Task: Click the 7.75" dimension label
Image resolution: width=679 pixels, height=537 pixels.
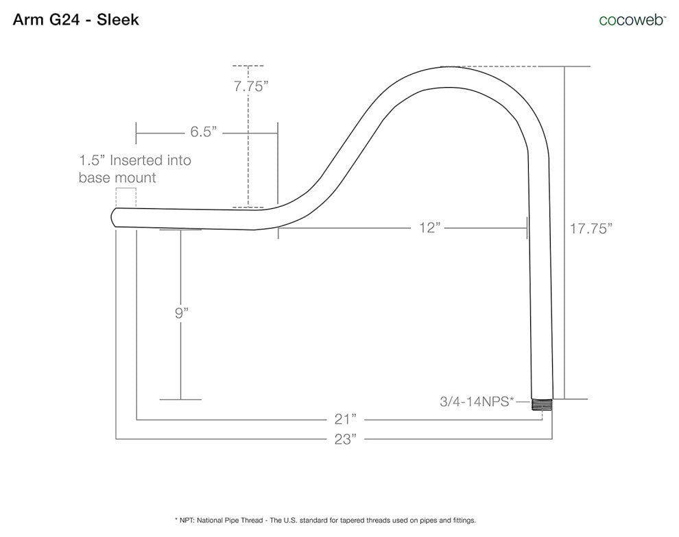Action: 251,86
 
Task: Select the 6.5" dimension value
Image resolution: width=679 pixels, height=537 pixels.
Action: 203,131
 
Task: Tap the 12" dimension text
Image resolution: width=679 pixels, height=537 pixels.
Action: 429,227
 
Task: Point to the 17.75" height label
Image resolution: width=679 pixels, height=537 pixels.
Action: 591,228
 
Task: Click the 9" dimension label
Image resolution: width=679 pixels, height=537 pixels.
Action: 182,312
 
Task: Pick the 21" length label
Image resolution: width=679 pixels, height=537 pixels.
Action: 345,419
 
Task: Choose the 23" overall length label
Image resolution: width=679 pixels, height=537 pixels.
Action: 345,439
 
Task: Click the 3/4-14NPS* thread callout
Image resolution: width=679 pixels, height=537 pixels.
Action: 477,401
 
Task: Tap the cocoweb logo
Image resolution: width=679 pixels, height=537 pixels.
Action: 632,20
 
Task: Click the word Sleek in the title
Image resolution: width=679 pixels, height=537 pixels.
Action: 118,19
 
